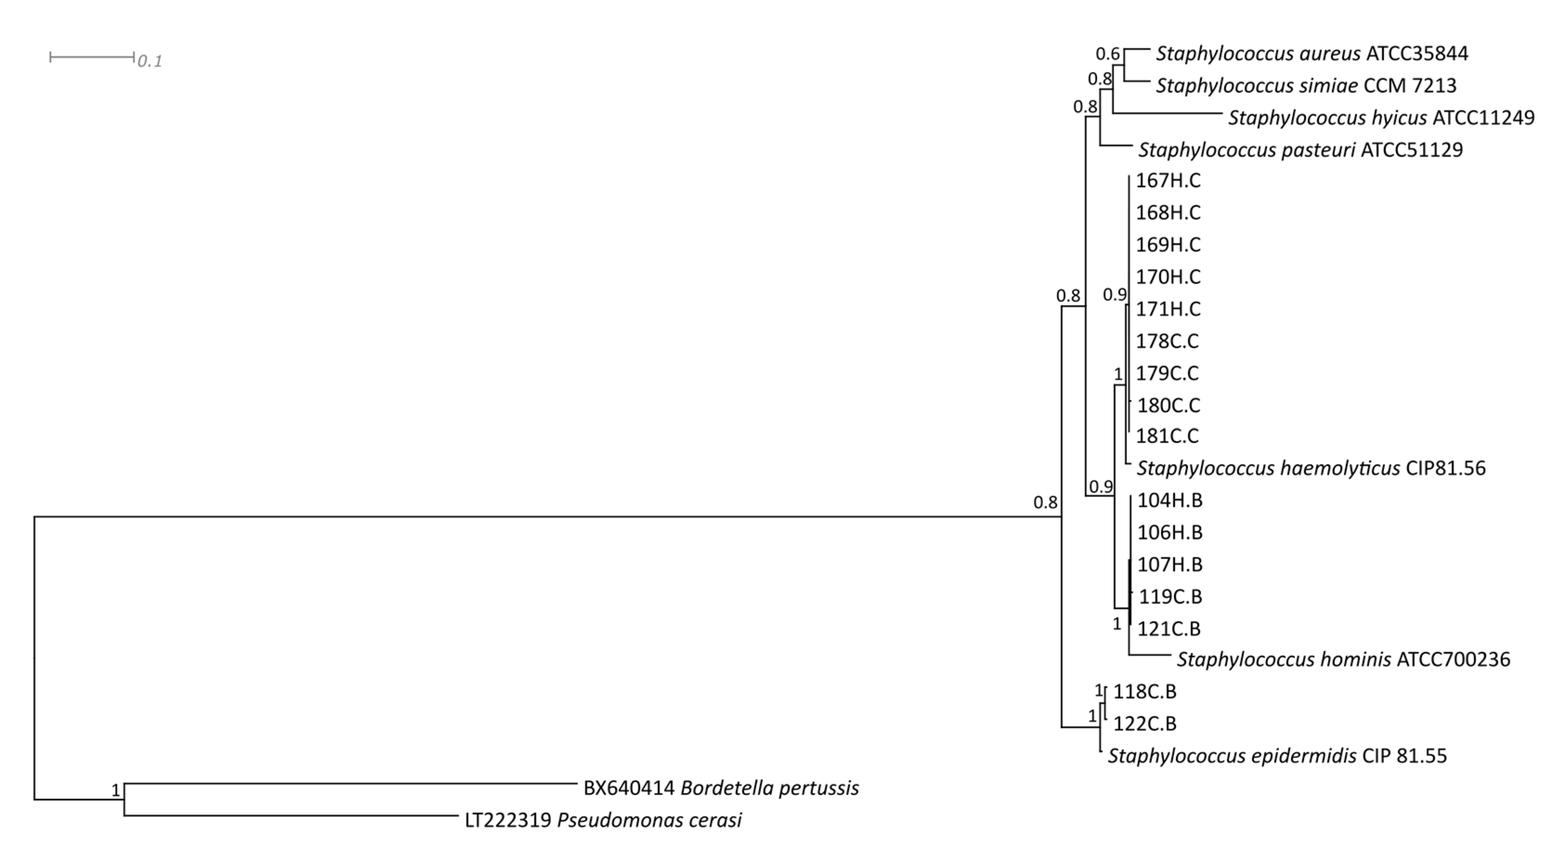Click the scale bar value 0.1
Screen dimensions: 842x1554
(x=150, y=61)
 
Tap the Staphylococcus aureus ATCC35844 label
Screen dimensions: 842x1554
(x=1312, y=54)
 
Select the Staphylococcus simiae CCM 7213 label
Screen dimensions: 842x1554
(x=1306, y=86)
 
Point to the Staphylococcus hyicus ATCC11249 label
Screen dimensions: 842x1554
(x=1381, y=117)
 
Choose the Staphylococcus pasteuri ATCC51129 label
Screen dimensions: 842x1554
(x=1300, y=150)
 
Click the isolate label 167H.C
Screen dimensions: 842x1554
(x=1168, y=181)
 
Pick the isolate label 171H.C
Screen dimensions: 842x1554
(x=1168, y=309)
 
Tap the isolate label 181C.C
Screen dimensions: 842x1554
(x=1167, y=436)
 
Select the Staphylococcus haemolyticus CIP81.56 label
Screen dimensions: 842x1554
(x=1311, y=469)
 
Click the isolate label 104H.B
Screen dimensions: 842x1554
(x=1170, y=500)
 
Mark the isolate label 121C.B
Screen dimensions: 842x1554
(x=1169, y=629)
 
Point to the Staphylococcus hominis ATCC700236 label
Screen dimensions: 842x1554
(x=1343, y=659)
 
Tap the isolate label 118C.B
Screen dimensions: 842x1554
(x=1144, y=692)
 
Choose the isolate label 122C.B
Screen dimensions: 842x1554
(x=1144, y=724)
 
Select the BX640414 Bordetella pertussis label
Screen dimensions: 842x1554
(x=721, y=788)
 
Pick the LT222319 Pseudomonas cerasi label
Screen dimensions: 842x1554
(x=603, y=820)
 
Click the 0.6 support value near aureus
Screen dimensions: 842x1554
(x=1107, y=54)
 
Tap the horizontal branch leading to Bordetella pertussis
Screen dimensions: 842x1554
(x=350, y=783)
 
